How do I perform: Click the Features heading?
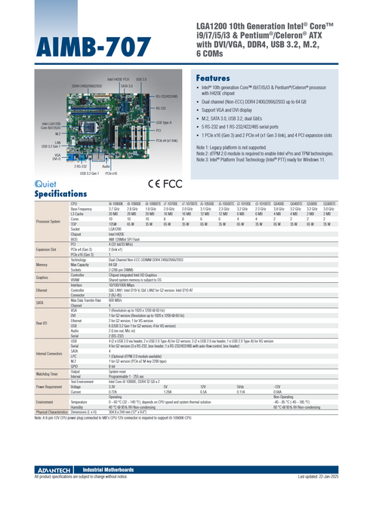(219, 78)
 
